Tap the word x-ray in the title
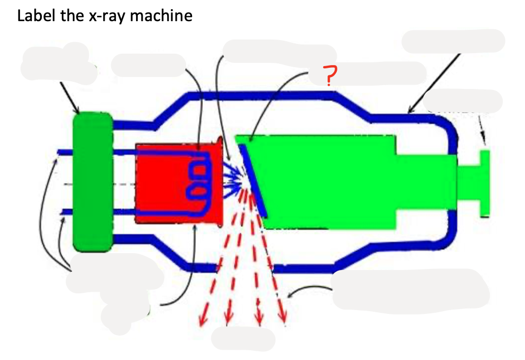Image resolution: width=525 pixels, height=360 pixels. pyautogui.click(x=104, y=15)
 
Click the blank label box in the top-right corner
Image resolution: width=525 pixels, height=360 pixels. pyautogui.click(x=453, y=41)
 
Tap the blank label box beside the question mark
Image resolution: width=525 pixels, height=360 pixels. pyautogui.click(x=380, y=73)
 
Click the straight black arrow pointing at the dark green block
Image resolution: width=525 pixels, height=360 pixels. pyautogui.click(x=70, y=97)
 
